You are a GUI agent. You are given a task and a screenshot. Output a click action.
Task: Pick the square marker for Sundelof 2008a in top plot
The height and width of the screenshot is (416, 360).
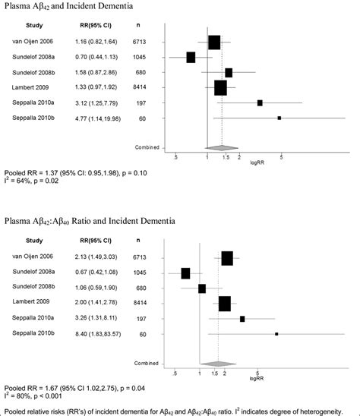pos(191,57)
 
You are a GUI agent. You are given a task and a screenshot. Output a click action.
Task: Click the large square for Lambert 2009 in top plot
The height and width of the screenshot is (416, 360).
pos(220,88)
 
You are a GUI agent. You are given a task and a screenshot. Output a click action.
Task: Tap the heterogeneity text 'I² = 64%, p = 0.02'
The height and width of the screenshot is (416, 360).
pos(33,183)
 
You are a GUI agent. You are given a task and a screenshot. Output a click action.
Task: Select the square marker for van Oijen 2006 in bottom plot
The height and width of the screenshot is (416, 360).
pos(226,259)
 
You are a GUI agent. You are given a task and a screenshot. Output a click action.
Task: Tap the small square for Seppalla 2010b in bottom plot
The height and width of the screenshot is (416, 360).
pos(276,333)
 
